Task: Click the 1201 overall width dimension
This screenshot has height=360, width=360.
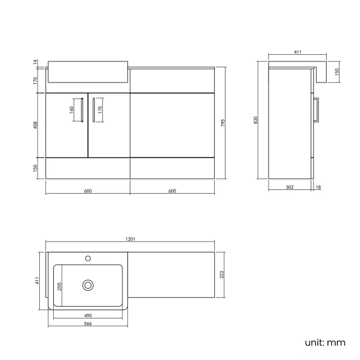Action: point(131,239)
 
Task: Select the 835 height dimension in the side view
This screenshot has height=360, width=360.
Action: point(256,120)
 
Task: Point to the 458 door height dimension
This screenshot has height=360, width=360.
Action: point(35,126)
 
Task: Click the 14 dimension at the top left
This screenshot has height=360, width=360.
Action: point(35,63)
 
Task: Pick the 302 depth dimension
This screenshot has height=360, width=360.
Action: point(290,188)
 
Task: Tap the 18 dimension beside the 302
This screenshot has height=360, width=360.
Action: point(318,188)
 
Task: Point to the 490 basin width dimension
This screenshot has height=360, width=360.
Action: point(88,316)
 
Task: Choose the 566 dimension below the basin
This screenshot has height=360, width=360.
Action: point(88,323)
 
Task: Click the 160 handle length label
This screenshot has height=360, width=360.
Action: point(71,109)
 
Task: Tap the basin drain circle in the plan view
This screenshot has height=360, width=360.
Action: point(88,285)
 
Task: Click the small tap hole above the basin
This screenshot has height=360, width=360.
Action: point(88,258)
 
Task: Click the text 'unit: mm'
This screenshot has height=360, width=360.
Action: point(325,342)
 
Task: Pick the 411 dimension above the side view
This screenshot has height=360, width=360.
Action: point(297,52)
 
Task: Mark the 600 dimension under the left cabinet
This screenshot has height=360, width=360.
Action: point(88,191)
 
